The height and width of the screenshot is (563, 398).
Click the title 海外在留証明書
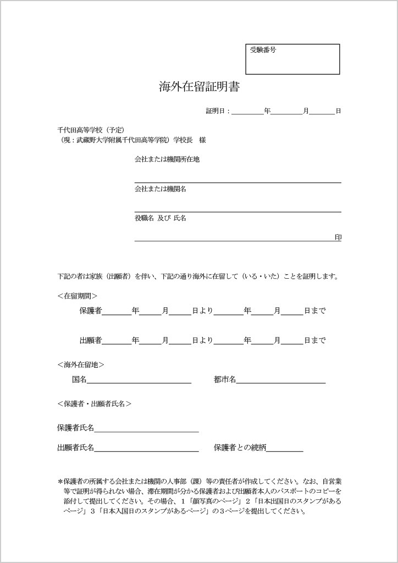(x=199, y=86)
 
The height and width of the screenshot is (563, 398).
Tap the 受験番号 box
(x=292, y=59)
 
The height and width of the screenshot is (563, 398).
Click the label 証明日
(x=217, y=111)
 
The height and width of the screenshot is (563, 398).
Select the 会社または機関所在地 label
(x=167, y=159)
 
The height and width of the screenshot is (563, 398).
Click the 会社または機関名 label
(x=161, y=189)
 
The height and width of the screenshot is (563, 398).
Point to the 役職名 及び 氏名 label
(x=161, y=218)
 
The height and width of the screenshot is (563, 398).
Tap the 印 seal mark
(x=338, y=238)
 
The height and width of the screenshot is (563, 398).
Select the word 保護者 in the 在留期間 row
(x=91, y=311)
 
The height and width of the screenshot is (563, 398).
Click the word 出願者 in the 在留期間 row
(x=91, y=340)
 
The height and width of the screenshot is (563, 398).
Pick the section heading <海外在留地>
(x=80, y=365)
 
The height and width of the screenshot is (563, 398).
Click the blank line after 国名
(x=139, y=380)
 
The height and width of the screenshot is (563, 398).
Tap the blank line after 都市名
(x=281, y=380)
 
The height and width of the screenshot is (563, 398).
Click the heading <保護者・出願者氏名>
(x=94, y=404)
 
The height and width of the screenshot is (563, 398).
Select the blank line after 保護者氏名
(x=146, y=428)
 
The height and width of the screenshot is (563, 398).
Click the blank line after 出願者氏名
(x=146, y=448)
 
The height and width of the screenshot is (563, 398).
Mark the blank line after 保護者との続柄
(x=285, y=448)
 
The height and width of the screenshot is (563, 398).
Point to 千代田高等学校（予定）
(x=91, y=130)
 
